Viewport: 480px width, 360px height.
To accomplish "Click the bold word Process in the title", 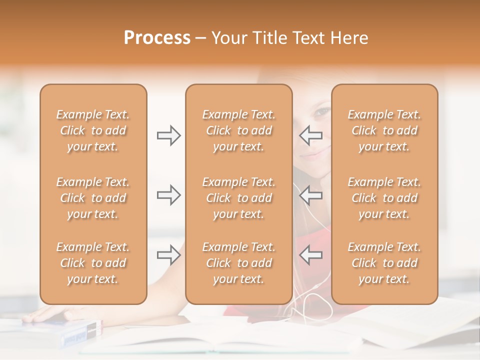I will [x=157, y=38].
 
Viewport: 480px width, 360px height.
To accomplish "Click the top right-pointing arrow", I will [x=168, y=135].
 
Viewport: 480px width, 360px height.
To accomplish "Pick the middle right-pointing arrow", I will [x=168, y=195].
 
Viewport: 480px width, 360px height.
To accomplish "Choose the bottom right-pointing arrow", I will [x=168, y=255].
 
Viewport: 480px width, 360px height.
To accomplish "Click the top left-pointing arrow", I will [x=310, y=135].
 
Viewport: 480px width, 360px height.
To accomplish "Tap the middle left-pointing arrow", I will [x=310, y=195].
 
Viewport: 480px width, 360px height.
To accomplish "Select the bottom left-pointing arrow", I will [x=310, y=255].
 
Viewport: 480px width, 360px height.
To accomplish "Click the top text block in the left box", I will [x=93, y=130].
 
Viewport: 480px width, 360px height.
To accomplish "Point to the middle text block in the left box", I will [x=93, y=198].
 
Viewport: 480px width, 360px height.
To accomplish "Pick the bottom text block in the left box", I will [x=93, y=263].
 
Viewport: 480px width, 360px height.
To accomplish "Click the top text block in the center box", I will [x=238, y=130].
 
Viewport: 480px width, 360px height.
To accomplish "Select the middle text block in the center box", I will [x=238, y=198].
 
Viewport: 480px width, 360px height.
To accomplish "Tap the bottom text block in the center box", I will [x=238, y=263].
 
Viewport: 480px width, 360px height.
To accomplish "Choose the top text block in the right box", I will [x=384, y=130].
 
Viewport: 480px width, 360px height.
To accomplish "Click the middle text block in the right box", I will [x=384, y=198].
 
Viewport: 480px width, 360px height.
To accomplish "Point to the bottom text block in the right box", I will [x=384, y=263].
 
